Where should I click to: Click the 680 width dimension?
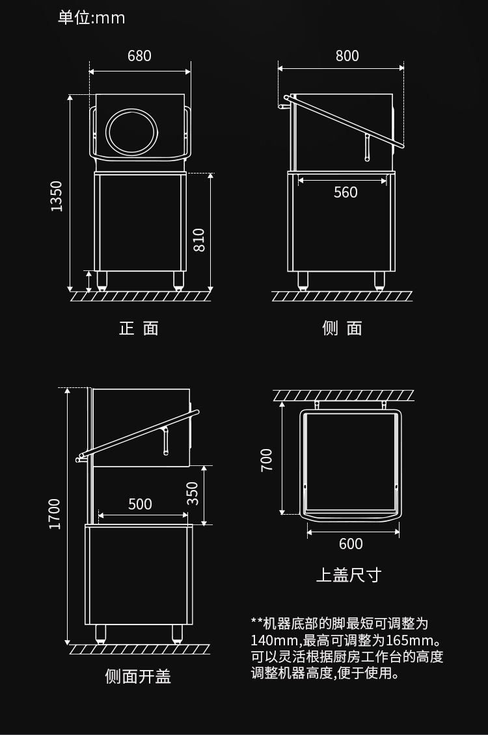click(x=139, y=56)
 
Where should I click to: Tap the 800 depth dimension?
click(x=347, y=56)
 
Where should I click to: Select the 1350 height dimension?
click(x=57, y=195)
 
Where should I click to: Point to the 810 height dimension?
click(x=199, y=240)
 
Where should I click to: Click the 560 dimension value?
click(x=346, y=192)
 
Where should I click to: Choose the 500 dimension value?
click(x=140, y=504)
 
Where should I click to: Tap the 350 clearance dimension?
click(x=193, y=493)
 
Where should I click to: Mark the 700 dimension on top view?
click(x=267, y=459)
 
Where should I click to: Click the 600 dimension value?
click(x=351, y=544)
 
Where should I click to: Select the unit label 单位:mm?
click(x=91, y=18)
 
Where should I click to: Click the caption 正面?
click(x=139, y=328)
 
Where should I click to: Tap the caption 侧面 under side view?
click(x=342, y=328)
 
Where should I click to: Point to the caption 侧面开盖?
click(x=138, y=677)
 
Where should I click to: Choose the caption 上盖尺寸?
click(x=348, y=575)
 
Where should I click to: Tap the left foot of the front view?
click(x=102, y=281)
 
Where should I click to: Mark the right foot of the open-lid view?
click(x=177, y=633)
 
